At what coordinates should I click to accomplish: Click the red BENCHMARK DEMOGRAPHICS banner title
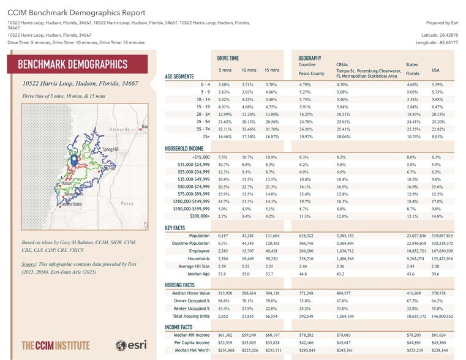(x=73, y=65)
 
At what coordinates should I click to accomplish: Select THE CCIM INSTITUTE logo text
(x=56, y=345)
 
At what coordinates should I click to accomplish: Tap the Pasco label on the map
(x=127, y=203)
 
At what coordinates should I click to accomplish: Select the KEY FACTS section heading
(x=176, y=227)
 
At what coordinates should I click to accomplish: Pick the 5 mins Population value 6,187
(x=226, y=236)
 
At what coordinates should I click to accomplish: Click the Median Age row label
(x=197, y=275)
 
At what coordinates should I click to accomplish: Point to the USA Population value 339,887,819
(x=442, y=236)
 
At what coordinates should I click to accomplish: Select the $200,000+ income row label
(x=200, y=216)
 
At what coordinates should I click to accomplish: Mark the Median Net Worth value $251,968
(x=224, y=350)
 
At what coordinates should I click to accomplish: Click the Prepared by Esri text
(x=440, y=23)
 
